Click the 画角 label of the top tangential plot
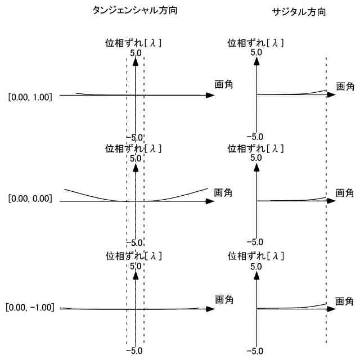pyautogui.click(x=224, y=85)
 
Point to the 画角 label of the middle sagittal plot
pyautogui.click(x=345, y=192)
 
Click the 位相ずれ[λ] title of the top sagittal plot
pyautogui.click(x=255, y=42)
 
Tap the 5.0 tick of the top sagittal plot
pyautogui.click(x=256, y=52)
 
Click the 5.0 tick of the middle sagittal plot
pyautogui.click(x=256, y=158)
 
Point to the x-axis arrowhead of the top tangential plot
pyautogui.click(x=210, y=95)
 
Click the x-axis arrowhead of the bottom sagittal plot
pyautogui.click(x=332, y=309)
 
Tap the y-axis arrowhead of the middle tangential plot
pyautogui.click(x=136, y=166)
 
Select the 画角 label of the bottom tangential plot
pyautogui.click(x=224, y=298)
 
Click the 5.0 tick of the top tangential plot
pyautogui.click(x=136, y=52)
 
